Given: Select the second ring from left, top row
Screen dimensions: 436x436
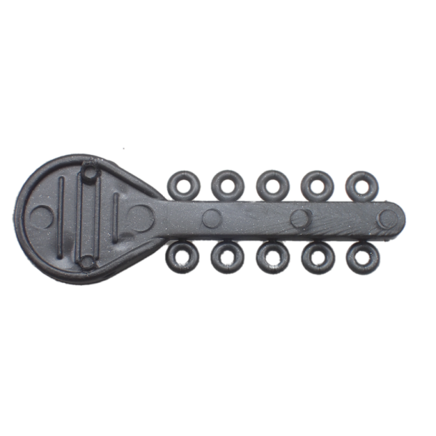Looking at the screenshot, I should pyautogui.click(x=228, y=184).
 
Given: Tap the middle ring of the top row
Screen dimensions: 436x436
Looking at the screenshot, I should pyautogui.click(x=272, y=185).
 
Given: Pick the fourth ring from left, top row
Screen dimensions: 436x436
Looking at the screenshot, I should pyautogui.click(x=315, y=185).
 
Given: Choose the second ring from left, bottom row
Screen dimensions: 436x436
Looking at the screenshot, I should pyautogui.click(x=228, y=257).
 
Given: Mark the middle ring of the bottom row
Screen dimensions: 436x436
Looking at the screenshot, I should pyautogui.click(x=272, y=258).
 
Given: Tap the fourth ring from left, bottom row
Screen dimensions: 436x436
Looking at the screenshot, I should pyautogui.click(x=317, y=258).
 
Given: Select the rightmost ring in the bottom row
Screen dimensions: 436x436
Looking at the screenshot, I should pyautogui.click(x=361, y=258).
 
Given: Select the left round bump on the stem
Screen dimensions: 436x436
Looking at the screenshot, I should pyautogui.click(x=212, y=218).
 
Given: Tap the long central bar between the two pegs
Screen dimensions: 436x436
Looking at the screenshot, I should pyautogui.click(x=87, y=217).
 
